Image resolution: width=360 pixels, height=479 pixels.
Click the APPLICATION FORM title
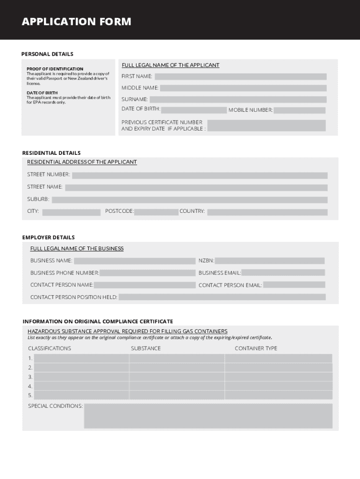[x=76, y=22]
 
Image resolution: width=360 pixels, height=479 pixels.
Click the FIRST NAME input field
[x=240, y=77]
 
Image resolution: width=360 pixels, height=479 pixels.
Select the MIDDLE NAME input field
[x=243, y=88]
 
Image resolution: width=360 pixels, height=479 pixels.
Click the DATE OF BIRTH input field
[x=194, y=110]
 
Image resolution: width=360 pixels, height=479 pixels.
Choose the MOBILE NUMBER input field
[x=299, y=110]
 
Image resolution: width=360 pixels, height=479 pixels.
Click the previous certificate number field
[x=266, y=125]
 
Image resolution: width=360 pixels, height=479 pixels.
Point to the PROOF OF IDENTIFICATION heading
[x=55, y=69]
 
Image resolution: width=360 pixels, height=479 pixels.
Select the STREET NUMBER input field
[x=200, y=175]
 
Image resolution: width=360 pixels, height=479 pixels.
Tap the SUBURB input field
[x=189, y=200]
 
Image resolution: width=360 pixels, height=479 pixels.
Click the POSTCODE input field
[x=156, y=212]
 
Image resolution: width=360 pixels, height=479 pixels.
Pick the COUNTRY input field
[x=267, y=212]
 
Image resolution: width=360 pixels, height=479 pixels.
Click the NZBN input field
[x=270, y=261]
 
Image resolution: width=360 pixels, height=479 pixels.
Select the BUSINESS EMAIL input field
[x=283, y=273]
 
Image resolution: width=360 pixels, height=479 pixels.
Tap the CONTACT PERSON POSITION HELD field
[x=222, y=297]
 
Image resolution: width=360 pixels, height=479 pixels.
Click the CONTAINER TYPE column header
[x=256, y=348]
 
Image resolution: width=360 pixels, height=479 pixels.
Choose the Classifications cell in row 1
[x=81, y=358]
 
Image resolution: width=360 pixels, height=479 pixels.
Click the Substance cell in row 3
[x=177, y=377]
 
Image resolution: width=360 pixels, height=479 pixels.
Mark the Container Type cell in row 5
[x=279, y=395]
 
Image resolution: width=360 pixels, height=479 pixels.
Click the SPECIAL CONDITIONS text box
[x=208, y=416]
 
